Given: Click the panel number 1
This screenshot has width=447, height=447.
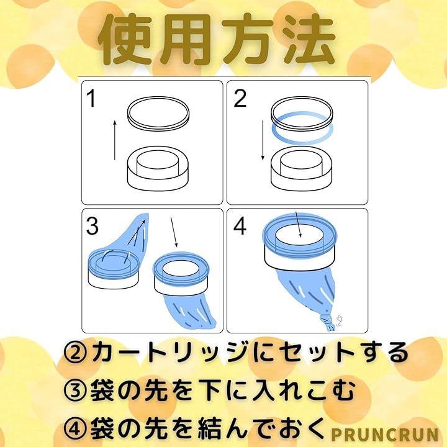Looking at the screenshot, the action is pos(91,98).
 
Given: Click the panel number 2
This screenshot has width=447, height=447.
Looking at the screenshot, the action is pos(240,98).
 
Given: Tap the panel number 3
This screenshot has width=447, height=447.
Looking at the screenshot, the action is pos(92,226).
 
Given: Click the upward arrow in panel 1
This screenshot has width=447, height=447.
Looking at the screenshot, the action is pos(115,140).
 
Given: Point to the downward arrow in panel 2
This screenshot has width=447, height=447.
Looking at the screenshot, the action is pos(263,140).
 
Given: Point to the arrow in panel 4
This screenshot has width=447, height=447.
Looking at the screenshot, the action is pos(298,224).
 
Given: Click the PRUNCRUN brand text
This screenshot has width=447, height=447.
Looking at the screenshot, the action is pos(384,435).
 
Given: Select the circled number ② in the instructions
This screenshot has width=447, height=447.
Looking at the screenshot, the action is pos(76,353).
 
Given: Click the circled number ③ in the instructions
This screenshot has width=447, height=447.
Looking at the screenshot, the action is pos(76,391).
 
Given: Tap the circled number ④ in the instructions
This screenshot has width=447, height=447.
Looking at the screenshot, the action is pos(76,428).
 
